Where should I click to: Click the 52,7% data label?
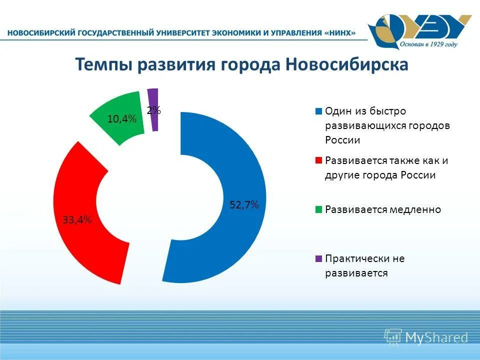click(x=244, y=204)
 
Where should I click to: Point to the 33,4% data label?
click(x=77, y=220)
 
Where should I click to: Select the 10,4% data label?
click(x=122, y=118)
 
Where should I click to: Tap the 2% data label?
click(x=154, y=110)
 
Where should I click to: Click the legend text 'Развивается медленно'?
click(x=383, y=209)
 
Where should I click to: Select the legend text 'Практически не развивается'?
click(x=364, y=266)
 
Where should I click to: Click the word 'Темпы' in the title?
click(x=103, y=65)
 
